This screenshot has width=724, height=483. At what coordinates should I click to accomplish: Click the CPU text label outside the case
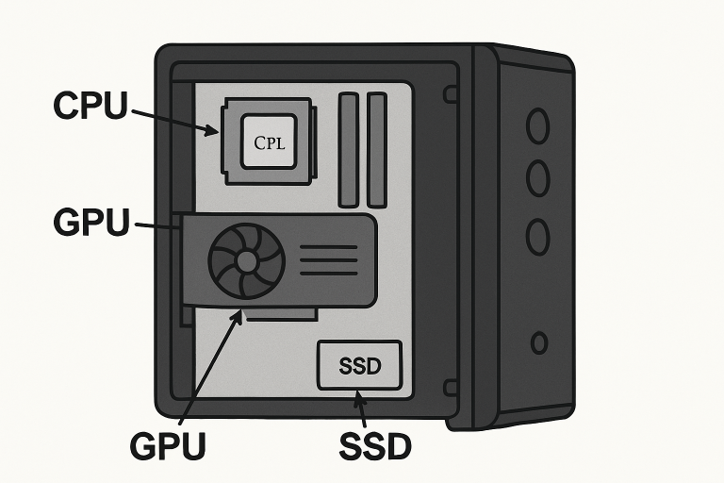[90, 106]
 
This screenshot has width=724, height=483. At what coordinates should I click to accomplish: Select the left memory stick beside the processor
[349, 149]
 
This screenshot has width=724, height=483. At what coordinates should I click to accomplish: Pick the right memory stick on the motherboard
[377, 149]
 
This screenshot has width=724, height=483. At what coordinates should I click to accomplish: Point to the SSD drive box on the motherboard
[361, 366]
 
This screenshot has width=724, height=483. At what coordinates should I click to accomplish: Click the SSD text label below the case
[374, 446]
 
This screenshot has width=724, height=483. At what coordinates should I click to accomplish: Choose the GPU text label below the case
[167, 446]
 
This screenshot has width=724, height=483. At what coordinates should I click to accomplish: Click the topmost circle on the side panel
[537, 126]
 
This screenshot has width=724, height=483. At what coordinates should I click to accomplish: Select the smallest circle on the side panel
[539, 342]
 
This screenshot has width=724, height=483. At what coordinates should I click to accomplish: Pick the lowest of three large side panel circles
[537, 236]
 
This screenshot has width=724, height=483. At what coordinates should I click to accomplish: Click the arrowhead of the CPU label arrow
[213, 131]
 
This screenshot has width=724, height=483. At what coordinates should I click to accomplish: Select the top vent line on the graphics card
[327, 247]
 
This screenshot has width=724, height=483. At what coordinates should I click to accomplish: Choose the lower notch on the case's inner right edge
[451, 387]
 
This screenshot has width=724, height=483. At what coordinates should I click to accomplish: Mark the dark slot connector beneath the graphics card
[283, 314]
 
